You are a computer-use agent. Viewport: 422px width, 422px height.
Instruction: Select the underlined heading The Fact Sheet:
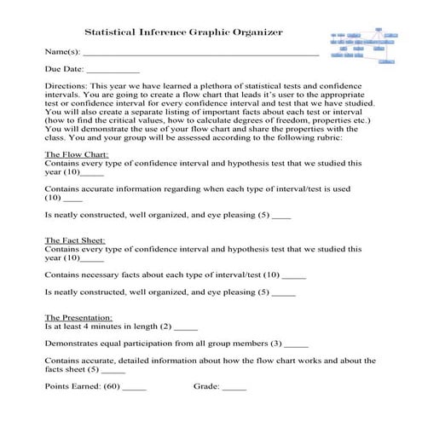coord(74,240)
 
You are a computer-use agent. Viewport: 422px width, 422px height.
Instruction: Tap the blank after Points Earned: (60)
coord(135,388)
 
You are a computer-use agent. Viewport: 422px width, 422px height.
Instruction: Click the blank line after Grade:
coord(234,388)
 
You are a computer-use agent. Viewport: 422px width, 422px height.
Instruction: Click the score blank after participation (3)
coord(297,344)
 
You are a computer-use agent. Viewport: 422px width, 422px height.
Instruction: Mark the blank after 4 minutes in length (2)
coord(186,327)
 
